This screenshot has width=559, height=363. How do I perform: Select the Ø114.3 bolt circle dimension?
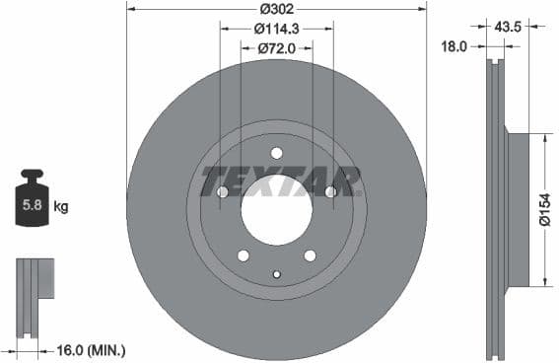(276, 29)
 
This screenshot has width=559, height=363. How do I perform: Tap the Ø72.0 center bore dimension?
(276, 46)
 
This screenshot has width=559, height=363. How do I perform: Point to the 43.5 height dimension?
(510, 27)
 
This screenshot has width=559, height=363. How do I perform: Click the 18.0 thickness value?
(454, 45)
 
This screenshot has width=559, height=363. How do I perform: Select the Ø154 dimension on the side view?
(544, 208)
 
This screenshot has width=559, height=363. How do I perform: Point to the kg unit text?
(60, 206)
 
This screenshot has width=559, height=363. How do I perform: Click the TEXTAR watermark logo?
(280, 181)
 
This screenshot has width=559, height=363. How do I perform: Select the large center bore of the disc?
(276, 210)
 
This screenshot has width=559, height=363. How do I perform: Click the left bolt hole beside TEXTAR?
(222, 191)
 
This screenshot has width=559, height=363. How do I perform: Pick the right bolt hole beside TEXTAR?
(330, 191)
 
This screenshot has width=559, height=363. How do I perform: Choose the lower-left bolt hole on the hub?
(243, 255)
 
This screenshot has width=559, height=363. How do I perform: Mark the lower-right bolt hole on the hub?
(310, 255)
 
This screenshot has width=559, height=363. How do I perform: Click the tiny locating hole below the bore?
(276, 274)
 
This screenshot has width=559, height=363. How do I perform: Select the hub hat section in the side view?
(518, 208)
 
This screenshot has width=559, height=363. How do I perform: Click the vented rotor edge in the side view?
(495, 208)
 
